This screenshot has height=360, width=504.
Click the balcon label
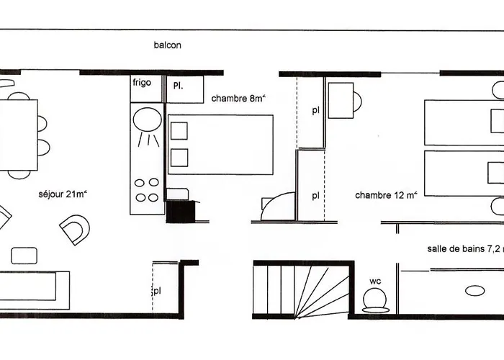click(167, 45)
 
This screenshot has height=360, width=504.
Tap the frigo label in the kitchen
click(142, 83)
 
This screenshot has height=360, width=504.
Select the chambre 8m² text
click(238, 98)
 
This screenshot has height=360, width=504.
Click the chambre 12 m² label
click(387, 195)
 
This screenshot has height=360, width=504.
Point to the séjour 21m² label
click(63, 194)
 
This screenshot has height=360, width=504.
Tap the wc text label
click(375, 282)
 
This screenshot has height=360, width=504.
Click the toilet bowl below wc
click(375, 301)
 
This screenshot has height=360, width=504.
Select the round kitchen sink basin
click(147, 120)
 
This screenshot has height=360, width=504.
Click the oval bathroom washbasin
click(475, 291)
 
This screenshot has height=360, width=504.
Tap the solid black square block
click(181, 212)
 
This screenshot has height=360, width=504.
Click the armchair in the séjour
click(75, 230)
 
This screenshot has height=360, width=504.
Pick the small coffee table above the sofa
click(24, 256)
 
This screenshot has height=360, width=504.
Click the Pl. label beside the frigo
click(178, 86)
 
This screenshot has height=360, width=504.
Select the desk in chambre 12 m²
click(341, 100)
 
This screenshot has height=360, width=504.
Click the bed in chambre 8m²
click(220, 145)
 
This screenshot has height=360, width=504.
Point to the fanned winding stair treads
click(321, 291)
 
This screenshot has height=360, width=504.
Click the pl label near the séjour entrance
click(156, 291)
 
